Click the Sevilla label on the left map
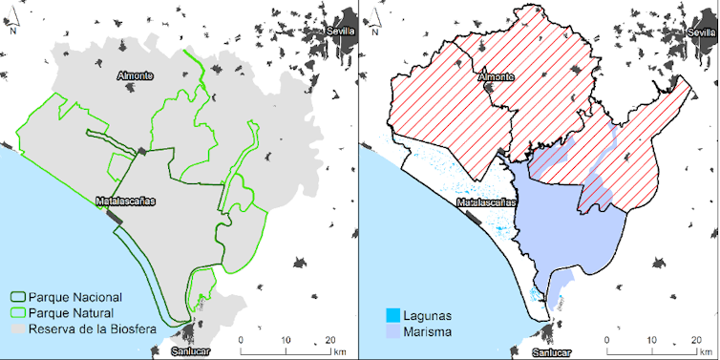click(x=341, y=31)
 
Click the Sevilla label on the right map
click(x=701, y=31)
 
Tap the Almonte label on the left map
click(x=136, y=75)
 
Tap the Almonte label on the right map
click(x=496, y=75)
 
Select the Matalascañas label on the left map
click(x=126, y=202)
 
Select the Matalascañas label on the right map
click(x=487, y=202)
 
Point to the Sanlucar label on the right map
click(x=551, y=351)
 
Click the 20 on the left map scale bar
click(x=329, y=340)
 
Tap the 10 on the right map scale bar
click(x=650, y=340)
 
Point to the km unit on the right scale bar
click(x=699, y=351)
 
